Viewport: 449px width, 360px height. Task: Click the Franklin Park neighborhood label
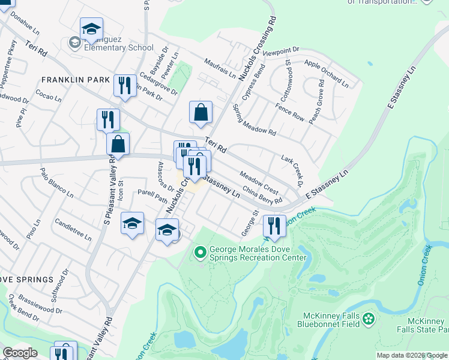(76, 80)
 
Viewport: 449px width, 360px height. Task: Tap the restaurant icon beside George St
(274, 226)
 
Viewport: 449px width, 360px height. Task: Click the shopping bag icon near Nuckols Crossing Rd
(200, 112)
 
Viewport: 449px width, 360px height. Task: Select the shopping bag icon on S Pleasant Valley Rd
(118, 144)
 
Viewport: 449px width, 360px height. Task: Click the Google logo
(20, 353)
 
